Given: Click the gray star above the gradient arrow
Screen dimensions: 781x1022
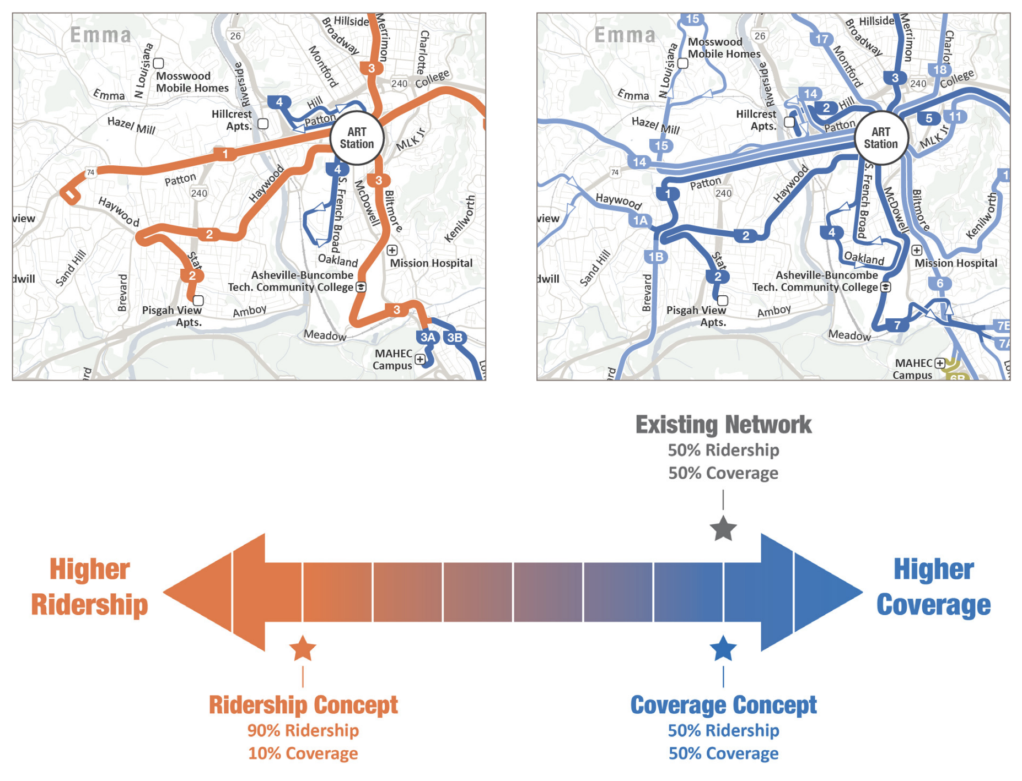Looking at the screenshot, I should coord(723,529).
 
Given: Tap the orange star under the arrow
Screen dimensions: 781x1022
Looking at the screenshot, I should coord(303,648).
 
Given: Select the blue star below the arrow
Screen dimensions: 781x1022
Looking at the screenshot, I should coord(723,648).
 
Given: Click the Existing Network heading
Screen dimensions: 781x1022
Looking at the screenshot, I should coord(723,425).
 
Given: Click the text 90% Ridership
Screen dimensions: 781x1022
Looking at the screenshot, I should coord(303,730).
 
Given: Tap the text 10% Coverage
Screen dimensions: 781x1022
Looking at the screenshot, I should coord(303,753).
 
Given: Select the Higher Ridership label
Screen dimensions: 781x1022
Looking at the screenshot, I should coord(90,587).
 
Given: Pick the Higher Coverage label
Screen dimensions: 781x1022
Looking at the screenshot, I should coord(933,587).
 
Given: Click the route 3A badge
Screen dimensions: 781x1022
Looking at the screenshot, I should coord(427,337).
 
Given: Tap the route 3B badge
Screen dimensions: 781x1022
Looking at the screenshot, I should coord(455,337).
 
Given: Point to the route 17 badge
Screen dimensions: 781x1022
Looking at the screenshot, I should coord(821,39).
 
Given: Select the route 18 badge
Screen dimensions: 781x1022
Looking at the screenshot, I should coord(940,69).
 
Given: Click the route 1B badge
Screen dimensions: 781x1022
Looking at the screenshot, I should coord(655,257).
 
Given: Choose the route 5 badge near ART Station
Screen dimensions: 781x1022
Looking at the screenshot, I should coord(929,118).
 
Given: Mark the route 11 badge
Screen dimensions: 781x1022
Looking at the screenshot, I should coord(955,117).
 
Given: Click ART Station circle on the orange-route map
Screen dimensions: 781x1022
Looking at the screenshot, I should coord(357,138).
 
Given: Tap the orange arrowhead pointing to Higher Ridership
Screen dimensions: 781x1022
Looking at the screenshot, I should coord(215,592).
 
